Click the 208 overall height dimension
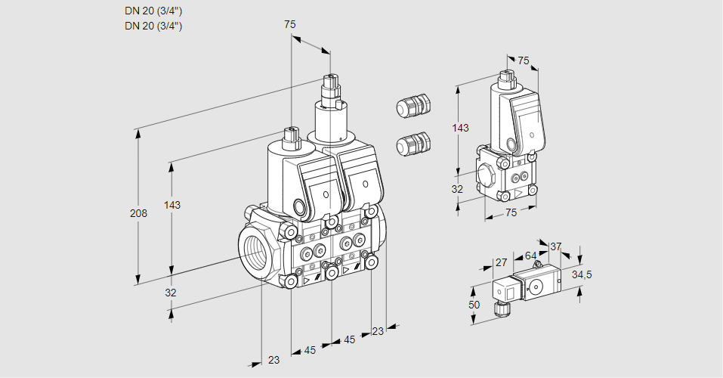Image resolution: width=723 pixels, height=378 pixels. (138, 214)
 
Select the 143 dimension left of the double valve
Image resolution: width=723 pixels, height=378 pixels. (172, 205)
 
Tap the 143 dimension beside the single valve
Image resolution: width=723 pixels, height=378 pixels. (460, 128)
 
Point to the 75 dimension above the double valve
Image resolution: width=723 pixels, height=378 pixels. (289, 24)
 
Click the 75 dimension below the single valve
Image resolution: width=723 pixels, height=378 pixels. (511, 213)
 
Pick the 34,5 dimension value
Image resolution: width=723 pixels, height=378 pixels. (582, 274)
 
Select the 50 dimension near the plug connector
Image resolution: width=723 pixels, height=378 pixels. (474, 305)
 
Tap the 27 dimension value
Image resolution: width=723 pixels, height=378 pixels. (500, 263)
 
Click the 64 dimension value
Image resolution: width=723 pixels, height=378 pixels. (530, 256)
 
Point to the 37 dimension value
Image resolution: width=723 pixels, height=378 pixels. (556, 246)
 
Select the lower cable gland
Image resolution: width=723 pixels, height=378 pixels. (412, 143)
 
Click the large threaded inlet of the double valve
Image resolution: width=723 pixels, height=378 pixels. (255, 249)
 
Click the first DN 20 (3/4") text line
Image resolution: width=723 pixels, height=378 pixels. (153, 11)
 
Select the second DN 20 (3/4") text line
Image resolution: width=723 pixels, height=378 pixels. (153, 26)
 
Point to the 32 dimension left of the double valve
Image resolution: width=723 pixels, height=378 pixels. (171, 293)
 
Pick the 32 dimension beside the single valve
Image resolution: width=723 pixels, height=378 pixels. (457, 189)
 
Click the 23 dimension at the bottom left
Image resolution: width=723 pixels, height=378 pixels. (273, 360)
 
